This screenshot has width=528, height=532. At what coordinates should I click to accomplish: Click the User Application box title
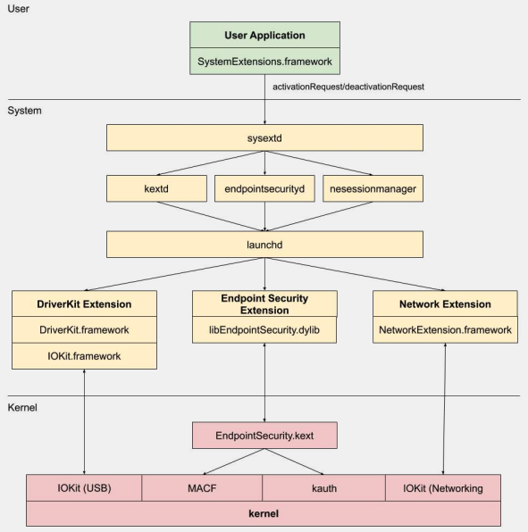[x=264, y=35]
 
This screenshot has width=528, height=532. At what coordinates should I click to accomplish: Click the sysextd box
[x=264, y=137]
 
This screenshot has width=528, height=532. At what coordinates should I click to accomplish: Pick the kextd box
[x=155, y=188]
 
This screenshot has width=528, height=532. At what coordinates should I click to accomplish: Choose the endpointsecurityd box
[x=264, y=188]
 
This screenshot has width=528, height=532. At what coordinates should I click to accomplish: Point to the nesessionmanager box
[x=373, y=188]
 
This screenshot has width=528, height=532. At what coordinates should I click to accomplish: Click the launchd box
[x=264, y=244]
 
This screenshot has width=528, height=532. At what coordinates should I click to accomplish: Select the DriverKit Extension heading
[x=84, y=304]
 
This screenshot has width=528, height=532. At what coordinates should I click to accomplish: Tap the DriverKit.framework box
[x=84, y=329]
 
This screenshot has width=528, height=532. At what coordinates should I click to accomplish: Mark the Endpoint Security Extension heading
[x=264, y=303]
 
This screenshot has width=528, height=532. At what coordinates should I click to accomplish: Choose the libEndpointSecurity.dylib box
[x=264, y=329]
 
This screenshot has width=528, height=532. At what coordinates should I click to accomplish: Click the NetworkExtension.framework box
[x=444, y=329]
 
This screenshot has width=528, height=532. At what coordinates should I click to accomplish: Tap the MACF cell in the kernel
[x=202, y=488]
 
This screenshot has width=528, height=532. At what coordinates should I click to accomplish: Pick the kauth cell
[x=323, y=488]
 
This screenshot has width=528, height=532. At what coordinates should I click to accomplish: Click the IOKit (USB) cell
[x=84, y=488]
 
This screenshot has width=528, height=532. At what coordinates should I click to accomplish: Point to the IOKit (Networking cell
[x=442, y=488]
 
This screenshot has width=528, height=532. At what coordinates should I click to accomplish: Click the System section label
[x=25, y=111]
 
